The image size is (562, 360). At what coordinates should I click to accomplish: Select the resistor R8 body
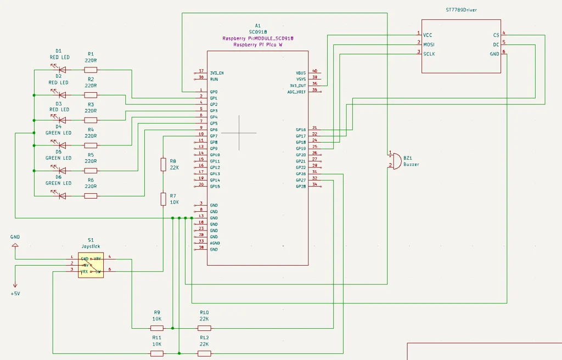164,164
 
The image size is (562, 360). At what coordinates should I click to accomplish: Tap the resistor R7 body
164,199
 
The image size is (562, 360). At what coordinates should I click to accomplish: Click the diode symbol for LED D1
62,70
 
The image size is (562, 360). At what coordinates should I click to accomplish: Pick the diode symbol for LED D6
62,196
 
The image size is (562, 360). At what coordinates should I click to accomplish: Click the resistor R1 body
91,70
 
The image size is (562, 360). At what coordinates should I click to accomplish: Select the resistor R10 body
204,328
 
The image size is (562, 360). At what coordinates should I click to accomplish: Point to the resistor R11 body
156,353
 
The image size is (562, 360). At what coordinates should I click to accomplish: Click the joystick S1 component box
91,266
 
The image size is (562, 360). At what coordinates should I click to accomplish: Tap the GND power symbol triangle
15,245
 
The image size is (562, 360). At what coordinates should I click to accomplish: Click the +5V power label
15,294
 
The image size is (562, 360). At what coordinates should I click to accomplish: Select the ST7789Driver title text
461,10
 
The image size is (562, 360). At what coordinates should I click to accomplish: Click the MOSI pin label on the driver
429,43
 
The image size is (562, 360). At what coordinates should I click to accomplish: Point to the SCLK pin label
429,53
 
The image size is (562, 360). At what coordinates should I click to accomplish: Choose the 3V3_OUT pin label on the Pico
297,86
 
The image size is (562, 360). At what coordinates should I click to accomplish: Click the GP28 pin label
301,187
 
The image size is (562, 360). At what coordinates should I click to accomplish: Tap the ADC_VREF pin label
297,92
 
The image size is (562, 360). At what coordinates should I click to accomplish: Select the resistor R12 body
204,353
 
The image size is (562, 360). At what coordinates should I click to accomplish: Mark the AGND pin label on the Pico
215,243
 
